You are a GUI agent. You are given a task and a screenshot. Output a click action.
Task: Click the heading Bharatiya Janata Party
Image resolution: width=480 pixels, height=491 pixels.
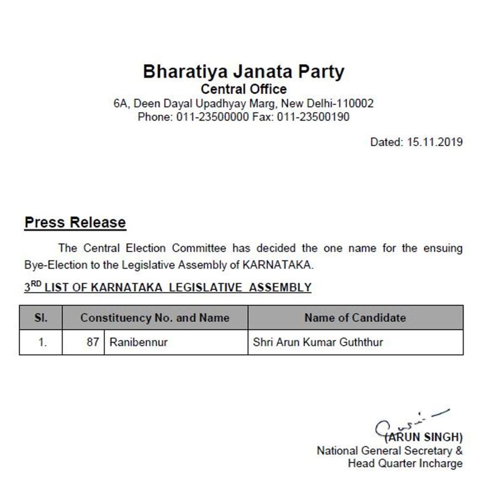243,71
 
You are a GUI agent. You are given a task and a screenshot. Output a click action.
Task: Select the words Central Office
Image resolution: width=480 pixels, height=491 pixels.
243,89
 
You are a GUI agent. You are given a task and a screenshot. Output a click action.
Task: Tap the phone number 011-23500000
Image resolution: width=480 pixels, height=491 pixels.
212,117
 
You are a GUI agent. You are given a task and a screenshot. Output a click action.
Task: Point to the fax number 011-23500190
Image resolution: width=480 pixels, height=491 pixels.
313,117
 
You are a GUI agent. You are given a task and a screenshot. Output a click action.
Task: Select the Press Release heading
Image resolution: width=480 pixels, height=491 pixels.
75,222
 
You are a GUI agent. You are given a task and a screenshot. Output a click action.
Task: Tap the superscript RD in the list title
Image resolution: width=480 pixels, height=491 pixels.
36,284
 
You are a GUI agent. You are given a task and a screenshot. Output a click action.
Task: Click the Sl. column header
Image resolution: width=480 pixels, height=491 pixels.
41,318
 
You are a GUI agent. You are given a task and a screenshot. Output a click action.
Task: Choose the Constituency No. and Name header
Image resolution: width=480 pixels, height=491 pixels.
155,318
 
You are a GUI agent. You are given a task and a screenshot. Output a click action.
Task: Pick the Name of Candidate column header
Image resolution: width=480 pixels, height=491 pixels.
355,318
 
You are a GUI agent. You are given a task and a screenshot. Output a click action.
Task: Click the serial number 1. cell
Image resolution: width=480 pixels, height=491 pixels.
42,342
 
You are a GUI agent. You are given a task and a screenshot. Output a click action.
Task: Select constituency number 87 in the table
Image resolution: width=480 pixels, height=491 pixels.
93,342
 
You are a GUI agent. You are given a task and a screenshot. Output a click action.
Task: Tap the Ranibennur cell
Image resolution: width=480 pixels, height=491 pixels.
138,342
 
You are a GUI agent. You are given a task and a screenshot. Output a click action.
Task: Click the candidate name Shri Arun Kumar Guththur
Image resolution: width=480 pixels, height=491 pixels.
318,342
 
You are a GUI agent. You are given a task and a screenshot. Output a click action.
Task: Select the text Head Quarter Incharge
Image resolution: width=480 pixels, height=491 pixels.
405,464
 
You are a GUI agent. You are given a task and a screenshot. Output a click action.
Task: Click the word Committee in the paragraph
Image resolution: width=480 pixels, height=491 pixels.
199,248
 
